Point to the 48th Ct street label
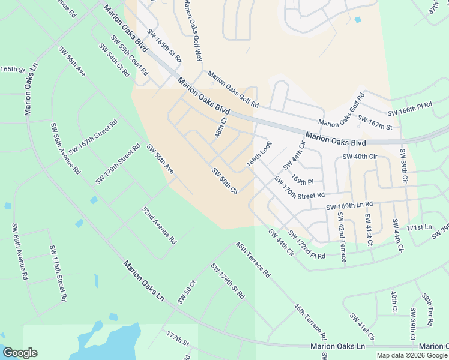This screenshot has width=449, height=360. pyautogui.click(x=220, y=127)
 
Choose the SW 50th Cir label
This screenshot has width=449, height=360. pyautogui.click(x=225, y=180)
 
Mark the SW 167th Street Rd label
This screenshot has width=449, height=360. pyautogui.click(x=93, y=137)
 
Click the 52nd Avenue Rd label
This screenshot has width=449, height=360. pyautogui.click(x=159, y=226)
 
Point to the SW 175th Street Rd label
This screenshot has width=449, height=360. pyautogui.click(x=58, y=272)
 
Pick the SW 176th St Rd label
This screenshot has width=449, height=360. pyautogui.click(x=228, y=281)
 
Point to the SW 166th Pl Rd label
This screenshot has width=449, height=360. pyautogui.click(x=410, y=109)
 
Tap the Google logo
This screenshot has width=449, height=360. pyautogui.click(x=20, y=353)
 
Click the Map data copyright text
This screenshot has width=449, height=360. pyautogui.click(x=412, y=355)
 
